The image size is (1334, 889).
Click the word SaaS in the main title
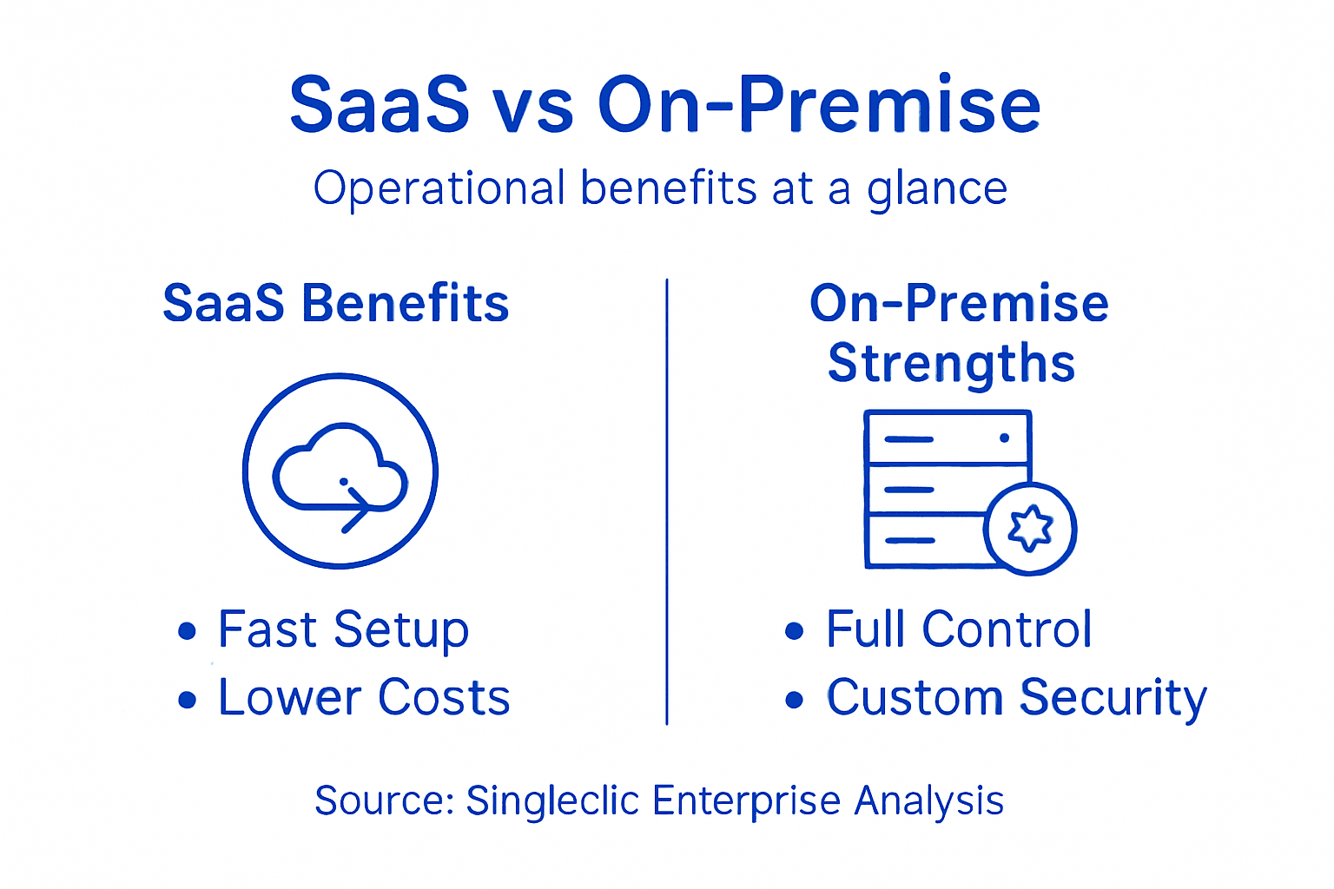(x=380, y=106)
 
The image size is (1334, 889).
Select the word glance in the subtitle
(x=937, y=189)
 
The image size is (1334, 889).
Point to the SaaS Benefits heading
(x=335, y=304)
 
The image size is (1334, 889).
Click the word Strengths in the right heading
(x=952, y=363)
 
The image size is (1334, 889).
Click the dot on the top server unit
(x=1004, y=438)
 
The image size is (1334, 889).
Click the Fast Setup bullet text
(x=343, y=629)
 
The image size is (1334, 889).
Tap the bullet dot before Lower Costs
(x=187, y=699)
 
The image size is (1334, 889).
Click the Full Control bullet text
(x=959, y=629)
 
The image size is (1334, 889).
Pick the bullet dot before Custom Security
(x=794, y=699)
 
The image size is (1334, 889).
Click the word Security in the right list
(x=1113, y=699)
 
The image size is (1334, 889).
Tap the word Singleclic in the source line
(x=552, y=800)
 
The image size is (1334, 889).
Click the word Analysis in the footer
(x=928, y=800)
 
